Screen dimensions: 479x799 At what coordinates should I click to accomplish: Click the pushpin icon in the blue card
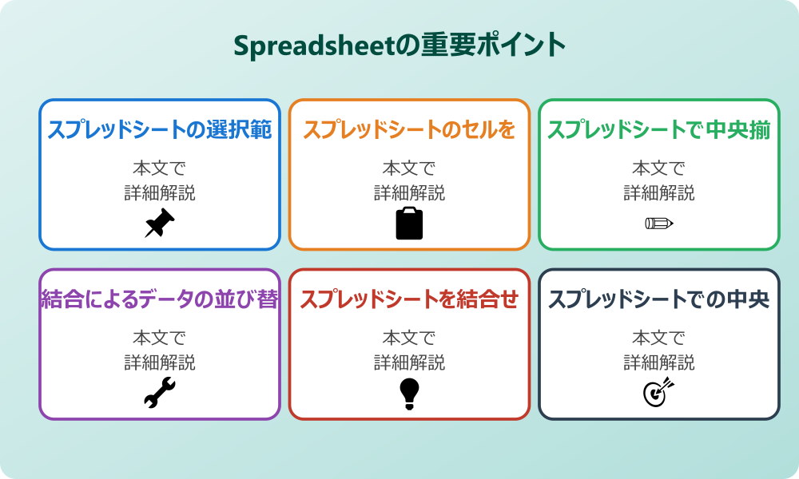[160, 224]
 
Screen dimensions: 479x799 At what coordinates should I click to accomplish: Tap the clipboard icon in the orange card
[409, 224]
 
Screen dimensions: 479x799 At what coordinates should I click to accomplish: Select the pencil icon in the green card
[659, 223]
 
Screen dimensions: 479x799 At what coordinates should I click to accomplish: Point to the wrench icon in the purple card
[160, 394]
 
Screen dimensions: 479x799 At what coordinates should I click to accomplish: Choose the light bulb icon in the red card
[409, 394]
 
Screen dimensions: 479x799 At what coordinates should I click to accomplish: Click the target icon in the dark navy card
[659, 393]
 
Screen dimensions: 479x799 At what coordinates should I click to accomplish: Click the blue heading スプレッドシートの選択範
[160, 130]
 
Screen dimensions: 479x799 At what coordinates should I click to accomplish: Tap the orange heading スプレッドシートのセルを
[409, 130]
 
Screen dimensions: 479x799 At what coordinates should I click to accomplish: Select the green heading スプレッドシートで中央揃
[659, 130]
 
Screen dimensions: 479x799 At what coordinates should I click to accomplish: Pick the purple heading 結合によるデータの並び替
[160, 300]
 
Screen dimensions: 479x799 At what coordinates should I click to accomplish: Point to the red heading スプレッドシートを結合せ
[409, 300]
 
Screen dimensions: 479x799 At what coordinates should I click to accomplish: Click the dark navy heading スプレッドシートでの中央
[659, 300]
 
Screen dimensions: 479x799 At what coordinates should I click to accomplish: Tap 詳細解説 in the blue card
[160, 192]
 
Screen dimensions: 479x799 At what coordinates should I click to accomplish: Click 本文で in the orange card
[409, 168]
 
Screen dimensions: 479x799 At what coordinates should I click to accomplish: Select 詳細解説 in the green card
[659, 192]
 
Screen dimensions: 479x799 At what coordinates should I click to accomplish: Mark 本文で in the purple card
[160, 338]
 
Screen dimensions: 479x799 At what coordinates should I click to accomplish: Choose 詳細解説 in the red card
[409, 362]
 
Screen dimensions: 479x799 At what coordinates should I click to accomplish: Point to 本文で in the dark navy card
[659, 338]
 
